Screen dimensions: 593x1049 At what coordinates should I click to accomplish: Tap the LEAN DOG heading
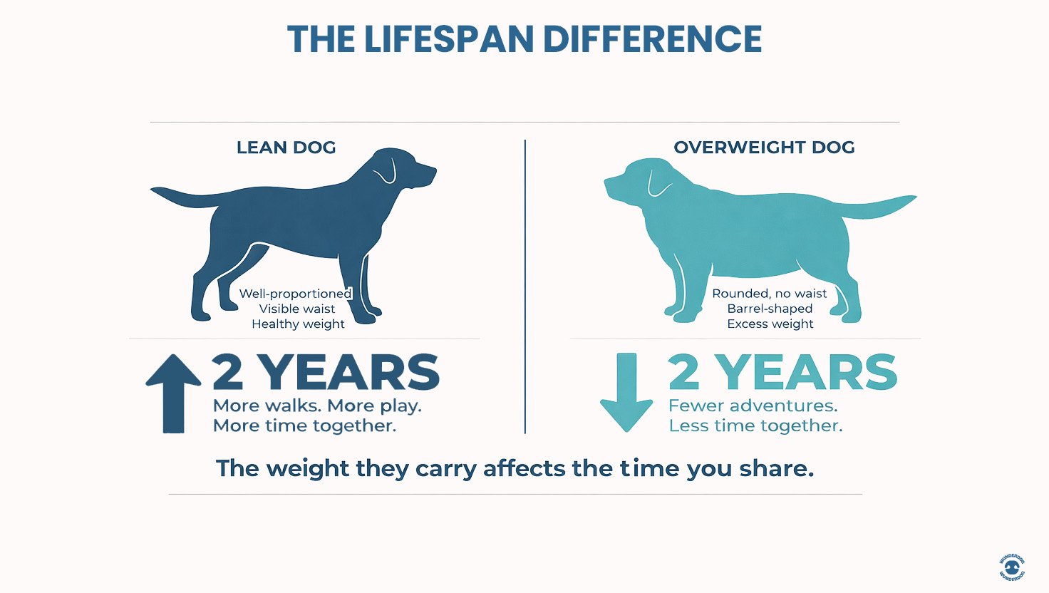coord(286,148)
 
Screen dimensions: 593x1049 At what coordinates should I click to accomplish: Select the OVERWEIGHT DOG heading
coord(764,148)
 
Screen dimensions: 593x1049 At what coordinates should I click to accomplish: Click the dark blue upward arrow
coord(173,393)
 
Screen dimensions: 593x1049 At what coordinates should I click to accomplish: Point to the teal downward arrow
coord(626,393)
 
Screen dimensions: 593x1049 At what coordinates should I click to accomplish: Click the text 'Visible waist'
coord(297,309)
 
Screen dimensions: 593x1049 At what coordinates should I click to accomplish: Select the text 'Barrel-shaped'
coord(770,309)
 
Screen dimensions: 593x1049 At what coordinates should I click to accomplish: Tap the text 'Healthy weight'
coord(298,324)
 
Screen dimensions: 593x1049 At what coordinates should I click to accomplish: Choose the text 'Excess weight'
coord(770,324)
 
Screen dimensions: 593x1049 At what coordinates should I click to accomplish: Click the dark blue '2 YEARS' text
coord(326,372)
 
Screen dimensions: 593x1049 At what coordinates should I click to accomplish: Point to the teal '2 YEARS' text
coord(782,372)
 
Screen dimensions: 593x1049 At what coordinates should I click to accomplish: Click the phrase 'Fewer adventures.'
coord(753,406)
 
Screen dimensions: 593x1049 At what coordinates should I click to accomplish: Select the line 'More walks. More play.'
coord(317,406)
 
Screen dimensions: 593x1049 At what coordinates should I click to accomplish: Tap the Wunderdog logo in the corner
coord(1012,567)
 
